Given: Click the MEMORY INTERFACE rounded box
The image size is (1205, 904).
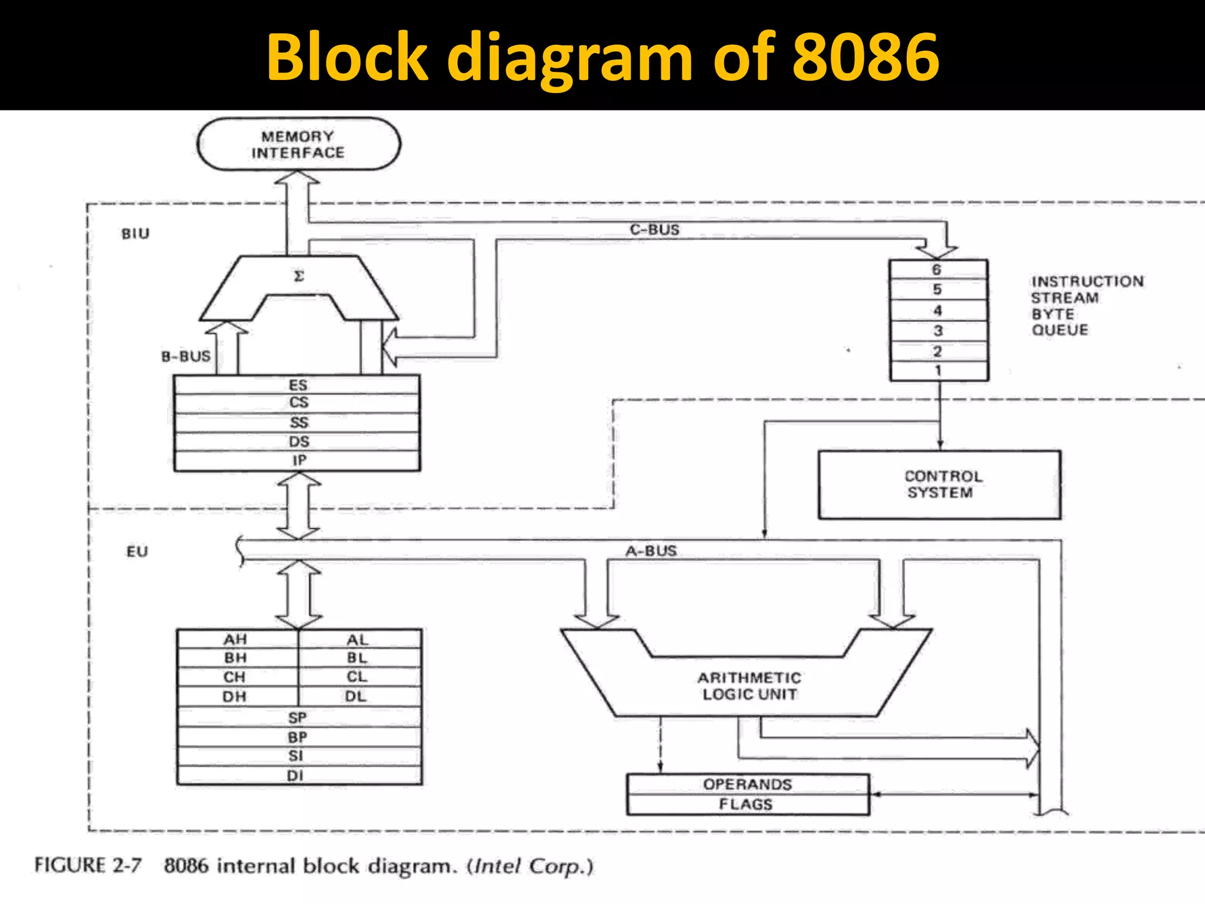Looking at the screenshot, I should click(298, 145).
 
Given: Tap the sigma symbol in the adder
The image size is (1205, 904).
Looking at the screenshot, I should click(299, 276).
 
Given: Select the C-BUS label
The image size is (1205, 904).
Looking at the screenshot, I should click(654, 230).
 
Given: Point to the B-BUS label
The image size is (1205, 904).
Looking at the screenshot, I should click(185, 357).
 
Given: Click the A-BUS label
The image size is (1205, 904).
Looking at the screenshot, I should click(651, 551).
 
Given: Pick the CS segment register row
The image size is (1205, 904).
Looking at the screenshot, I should click(298, 403).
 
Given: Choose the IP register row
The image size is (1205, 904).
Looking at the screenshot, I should click(298, 461).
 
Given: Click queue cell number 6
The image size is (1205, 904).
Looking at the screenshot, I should click(937, 270).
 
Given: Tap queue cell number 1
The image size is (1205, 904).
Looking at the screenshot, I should click(938, 371).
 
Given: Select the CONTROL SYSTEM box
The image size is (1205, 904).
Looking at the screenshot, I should click(939, 485).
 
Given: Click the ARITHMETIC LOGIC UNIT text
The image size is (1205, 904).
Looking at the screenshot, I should click(749, 686).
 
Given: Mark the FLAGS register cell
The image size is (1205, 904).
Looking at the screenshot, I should click(746, 805).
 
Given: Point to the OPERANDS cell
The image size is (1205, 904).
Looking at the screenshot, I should click(747, 785).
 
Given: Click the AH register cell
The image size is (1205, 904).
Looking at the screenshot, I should click(235, 640).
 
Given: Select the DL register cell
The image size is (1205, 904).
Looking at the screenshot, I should click(356, 697).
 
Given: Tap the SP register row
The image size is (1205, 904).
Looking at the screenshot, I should click(298, 718).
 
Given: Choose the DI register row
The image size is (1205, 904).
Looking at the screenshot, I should click(295, 776).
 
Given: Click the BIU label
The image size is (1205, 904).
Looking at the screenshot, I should click(135, 234).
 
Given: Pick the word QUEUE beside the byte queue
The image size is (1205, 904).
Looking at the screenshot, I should click(1060, 330).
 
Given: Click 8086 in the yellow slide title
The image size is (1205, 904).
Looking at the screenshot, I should click(866, 57).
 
